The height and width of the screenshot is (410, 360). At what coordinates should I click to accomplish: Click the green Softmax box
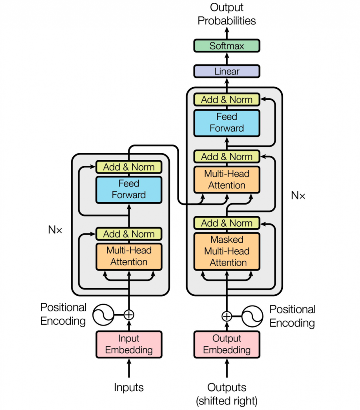[227, 46]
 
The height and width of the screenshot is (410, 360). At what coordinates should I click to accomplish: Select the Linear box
[227, 71]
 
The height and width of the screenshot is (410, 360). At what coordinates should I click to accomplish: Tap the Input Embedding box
[129, 344]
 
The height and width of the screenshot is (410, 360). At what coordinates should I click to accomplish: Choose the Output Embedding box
[227, 344]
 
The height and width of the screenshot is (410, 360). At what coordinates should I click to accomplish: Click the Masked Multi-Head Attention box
[227, 251]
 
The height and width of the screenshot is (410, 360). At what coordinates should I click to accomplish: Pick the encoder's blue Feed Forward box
[129, 189]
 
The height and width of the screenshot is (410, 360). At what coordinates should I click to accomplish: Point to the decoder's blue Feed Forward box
[227, 123]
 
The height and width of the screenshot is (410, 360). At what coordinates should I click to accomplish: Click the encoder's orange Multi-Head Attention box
[129, 256]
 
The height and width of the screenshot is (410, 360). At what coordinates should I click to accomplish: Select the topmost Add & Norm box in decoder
[227, 100]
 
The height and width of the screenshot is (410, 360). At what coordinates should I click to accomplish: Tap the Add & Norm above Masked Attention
[227, 223]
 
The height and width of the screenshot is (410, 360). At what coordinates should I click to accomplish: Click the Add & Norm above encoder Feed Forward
[129, 167]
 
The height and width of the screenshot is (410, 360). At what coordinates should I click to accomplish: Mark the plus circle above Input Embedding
[129, 315]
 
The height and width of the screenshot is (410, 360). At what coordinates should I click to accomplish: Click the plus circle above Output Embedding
[227, 316]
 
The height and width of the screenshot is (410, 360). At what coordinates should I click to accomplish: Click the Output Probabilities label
[227, 14]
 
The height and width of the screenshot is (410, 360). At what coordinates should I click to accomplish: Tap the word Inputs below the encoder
[129, 387]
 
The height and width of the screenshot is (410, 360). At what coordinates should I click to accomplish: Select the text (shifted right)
[227, 400]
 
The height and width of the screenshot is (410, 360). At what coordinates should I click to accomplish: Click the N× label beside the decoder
[298, 196]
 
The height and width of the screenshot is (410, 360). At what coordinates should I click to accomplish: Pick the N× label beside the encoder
[55, 231]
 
